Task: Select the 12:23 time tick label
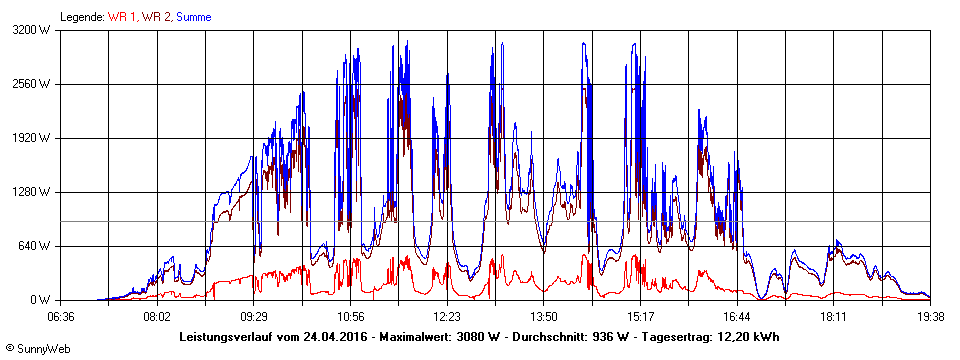447,317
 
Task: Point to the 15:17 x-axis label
640,317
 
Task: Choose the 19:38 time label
929,317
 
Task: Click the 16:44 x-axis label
737,317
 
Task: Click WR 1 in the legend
121,17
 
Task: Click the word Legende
81,17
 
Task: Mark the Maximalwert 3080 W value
479,337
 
